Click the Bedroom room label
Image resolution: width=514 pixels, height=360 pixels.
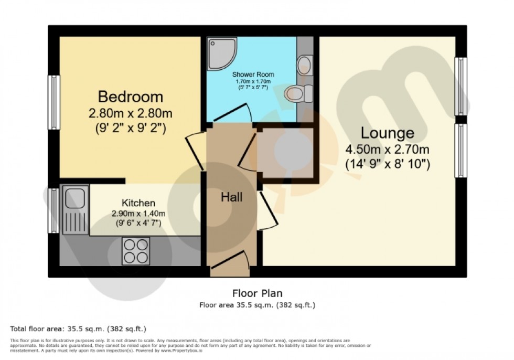pos(131,97)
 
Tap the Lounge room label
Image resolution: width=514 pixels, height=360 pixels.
pos(387,133)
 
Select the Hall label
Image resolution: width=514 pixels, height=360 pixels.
pos(231,197)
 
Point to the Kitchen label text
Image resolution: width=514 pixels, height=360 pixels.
pos(138,203)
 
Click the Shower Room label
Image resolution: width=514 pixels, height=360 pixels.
pos(253,75)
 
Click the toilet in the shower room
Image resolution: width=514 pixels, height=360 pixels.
pos(298,93)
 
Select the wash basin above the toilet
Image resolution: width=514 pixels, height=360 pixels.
pos(304,66)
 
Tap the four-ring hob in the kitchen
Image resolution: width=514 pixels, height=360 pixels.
pos(136,250)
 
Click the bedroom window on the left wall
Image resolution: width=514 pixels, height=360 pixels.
pos(54,102)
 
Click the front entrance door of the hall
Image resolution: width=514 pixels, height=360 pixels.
pos(230,265)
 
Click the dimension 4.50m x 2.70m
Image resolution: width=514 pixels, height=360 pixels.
pos(387,150)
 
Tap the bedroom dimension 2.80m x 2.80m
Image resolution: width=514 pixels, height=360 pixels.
pos(131,113)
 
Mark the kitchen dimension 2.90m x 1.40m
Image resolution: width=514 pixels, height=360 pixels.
pos(138,214)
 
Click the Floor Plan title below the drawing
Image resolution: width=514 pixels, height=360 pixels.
pos(257,293)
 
